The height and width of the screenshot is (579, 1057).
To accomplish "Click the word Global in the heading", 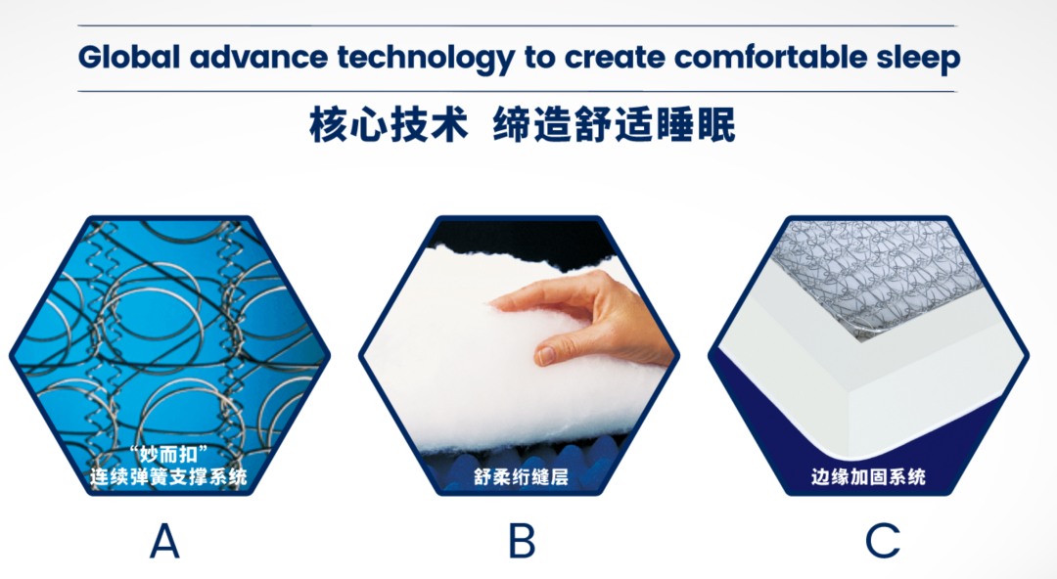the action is pyautogui.click(x=129, y=57).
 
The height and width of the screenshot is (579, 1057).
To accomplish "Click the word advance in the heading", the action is pyautogui.click(x=258, y=57).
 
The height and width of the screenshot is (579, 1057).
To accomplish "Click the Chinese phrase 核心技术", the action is pyautogui.click(x=389, y=124).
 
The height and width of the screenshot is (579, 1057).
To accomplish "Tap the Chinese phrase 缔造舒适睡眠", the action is pyautogui.click(x=614, y=124).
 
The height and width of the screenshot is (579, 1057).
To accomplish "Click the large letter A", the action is pyautogui.click(x=164, y=541).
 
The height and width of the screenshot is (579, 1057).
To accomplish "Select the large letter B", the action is pyautogui.click(x=522, y=541).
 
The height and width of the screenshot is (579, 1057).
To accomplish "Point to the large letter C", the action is pyautogui.click(x=883, y=541).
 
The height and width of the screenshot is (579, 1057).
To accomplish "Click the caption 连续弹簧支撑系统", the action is pyautogui.click(x=168, y=477).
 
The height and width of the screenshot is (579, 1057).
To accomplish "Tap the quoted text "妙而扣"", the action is pyautogui.click(x=168, y=455).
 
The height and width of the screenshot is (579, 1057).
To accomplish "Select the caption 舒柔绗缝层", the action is pyautogui.click(x=521, y=477).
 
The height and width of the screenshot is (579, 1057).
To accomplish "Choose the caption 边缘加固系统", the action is pyautogui.click(x=868, y=477).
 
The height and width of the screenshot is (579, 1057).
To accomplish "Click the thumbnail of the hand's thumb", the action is pyautogui.click(x=545, y=355).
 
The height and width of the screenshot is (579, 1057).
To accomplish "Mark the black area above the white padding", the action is pyautogui.click(x=519, y=240).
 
